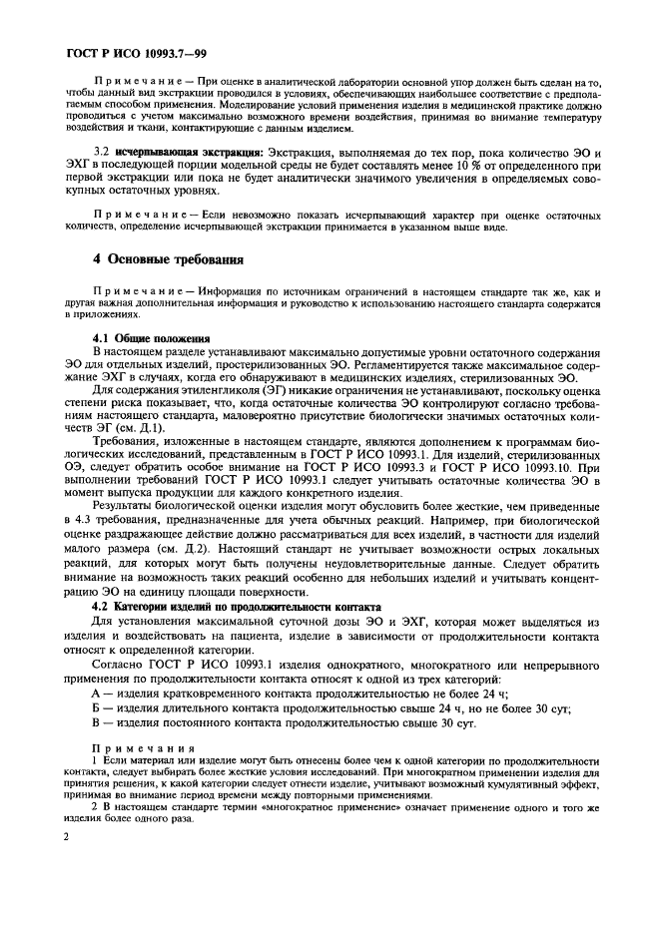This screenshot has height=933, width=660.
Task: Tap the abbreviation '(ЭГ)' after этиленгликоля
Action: [x=277, y=378]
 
